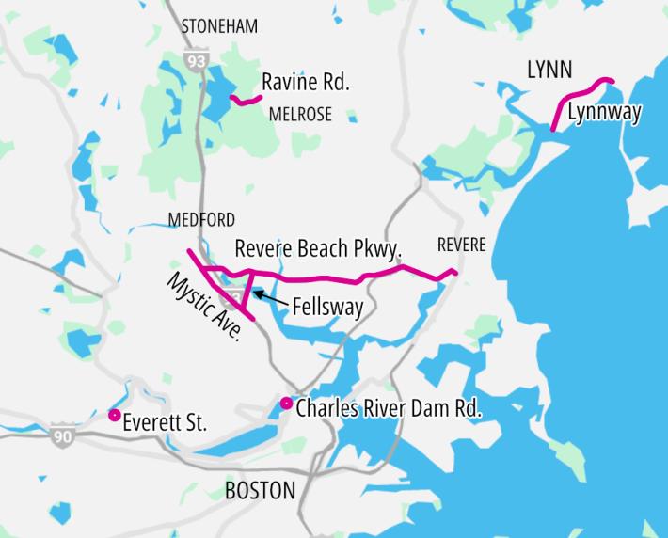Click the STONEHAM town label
(x=218, y=26)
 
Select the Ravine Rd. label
(x=306, y=83)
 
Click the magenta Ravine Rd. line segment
(x=246, y=99)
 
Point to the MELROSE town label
(x=300, y=115)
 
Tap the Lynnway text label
(x=605, y=112)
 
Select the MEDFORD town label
(x=201, y=220)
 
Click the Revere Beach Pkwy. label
(x=318, y=249)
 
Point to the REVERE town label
(x=462, y=245)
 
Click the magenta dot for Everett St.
(x=114, y=415)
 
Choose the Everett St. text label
(x=165, y=424)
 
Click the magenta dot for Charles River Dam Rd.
(x=286, y=403)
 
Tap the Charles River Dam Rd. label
(x=389, y=409)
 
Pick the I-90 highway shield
(x=63, y=437)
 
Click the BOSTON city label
(x=260, y=490)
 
